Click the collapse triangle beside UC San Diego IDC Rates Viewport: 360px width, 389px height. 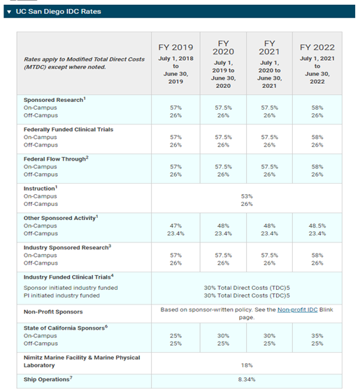9,12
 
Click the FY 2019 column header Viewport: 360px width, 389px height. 175,47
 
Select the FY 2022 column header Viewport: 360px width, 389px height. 317,47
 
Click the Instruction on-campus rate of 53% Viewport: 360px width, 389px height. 247,196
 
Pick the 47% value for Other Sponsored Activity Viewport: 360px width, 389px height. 175,226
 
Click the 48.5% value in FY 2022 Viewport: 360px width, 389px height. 317,226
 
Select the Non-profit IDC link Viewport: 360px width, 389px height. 297,309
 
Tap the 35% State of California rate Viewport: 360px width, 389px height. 317,336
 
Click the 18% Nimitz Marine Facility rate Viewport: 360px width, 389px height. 247,365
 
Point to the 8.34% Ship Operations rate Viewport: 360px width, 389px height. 247,379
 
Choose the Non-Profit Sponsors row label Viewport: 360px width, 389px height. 53,312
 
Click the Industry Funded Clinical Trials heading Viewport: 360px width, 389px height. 69,277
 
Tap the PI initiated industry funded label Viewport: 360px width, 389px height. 62,295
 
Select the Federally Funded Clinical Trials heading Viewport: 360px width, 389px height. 69,129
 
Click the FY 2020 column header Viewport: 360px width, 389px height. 223,47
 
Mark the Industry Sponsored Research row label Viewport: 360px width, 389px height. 67,247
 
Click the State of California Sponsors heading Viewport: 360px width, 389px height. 66,328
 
